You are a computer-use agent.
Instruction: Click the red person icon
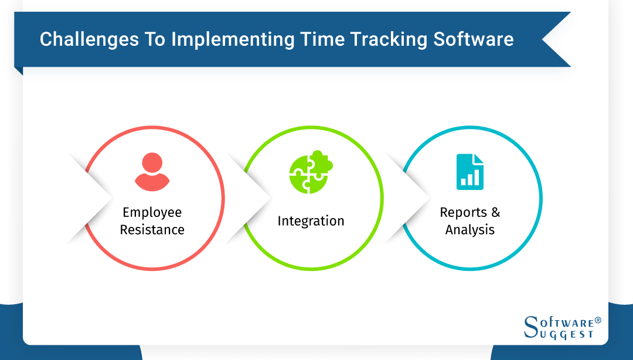[152, 172]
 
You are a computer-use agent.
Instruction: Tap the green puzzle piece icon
[311, 172]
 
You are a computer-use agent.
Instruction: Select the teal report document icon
[470, 172]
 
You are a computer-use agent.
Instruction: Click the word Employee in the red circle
[152, 212]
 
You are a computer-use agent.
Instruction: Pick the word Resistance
[152, 229]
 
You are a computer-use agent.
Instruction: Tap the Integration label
[311, 221]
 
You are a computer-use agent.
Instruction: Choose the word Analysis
[470, 229]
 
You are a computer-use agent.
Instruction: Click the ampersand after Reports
[495, 212]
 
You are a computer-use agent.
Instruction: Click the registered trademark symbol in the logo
[598, 321]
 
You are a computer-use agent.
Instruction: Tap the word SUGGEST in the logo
[566, 334]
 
